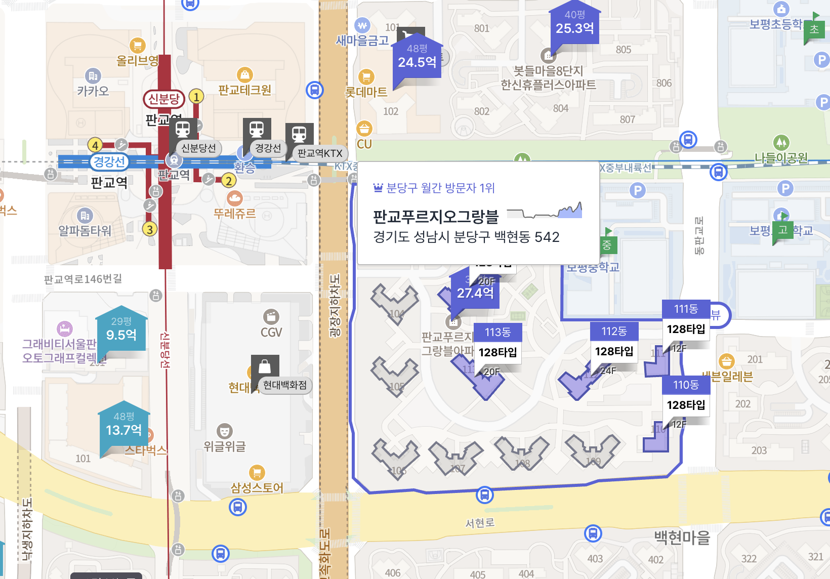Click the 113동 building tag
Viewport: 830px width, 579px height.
[x=497, y=333]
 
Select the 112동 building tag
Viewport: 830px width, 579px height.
[x=614, y=332]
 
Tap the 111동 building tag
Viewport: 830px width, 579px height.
[x=686, y=309]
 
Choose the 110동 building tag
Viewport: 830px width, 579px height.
[x=686, y=385]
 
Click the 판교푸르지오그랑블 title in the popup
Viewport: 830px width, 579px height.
[x=436, y=217]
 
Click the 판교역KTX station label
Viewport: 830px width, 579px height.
[x=320, y=153]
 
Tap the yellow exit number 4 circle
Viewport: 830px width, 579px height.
[x=95, y=145]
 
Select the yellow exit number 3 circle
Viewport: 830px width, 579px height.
[x=149, y=229]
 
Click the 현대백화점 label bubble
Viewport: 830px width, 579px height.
[x=285, y=385]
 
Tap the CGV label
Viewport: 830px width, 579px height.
[x=271, y=333]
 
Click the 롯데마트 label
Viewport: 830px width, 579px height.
[x=366, y=92]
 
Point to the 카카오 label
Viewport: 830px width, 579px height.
[x=93, y=91]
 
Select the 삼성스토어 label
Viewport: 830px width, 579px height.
[x=257, y=488]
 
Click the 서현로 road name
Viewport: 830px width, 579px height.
[x=480, y=523]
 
